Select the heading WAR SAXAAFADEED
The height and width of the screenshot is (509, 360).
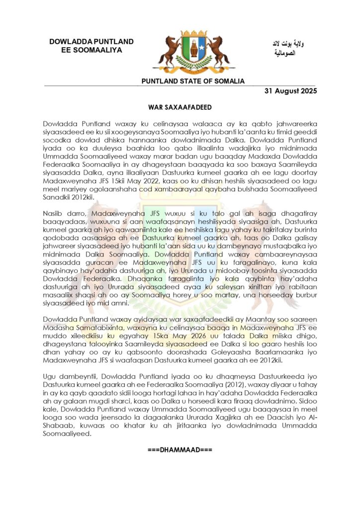click(x=180, y=107)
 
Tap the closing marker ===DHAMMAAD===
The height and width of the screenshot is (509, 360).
click(x=180, y=450)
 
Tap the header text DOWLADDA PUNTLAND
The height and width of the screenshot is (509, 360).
click(x=91, y=41)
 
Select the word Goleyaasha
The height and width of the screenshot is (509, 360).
click(x=230, y=344)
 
